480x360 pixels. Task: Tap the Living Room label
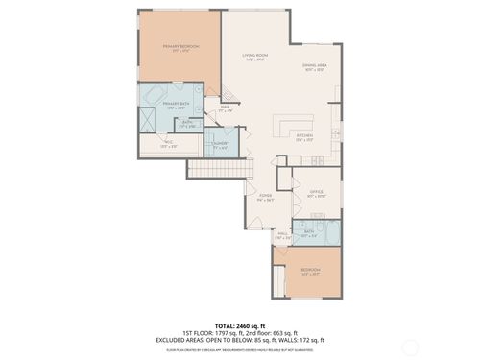[x=254, y=57]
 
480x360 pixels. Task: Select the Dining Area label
[x=316, y=68]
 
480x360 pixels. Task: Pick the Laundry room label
[x=219, y=146]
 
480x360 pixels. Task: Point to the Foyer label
[x=265, y=199]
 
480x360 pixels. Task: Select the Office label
[x=316, y=194]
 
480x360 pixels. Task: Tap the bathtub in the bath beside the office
[x=329, y=232]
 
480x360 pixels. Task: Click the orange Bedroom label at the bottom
[x=311, y=271]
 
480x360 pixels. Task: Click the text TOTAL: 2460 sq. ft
[x=240, y=326]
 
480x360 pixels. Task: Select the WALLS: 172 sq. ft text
[x=303, y=340]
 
